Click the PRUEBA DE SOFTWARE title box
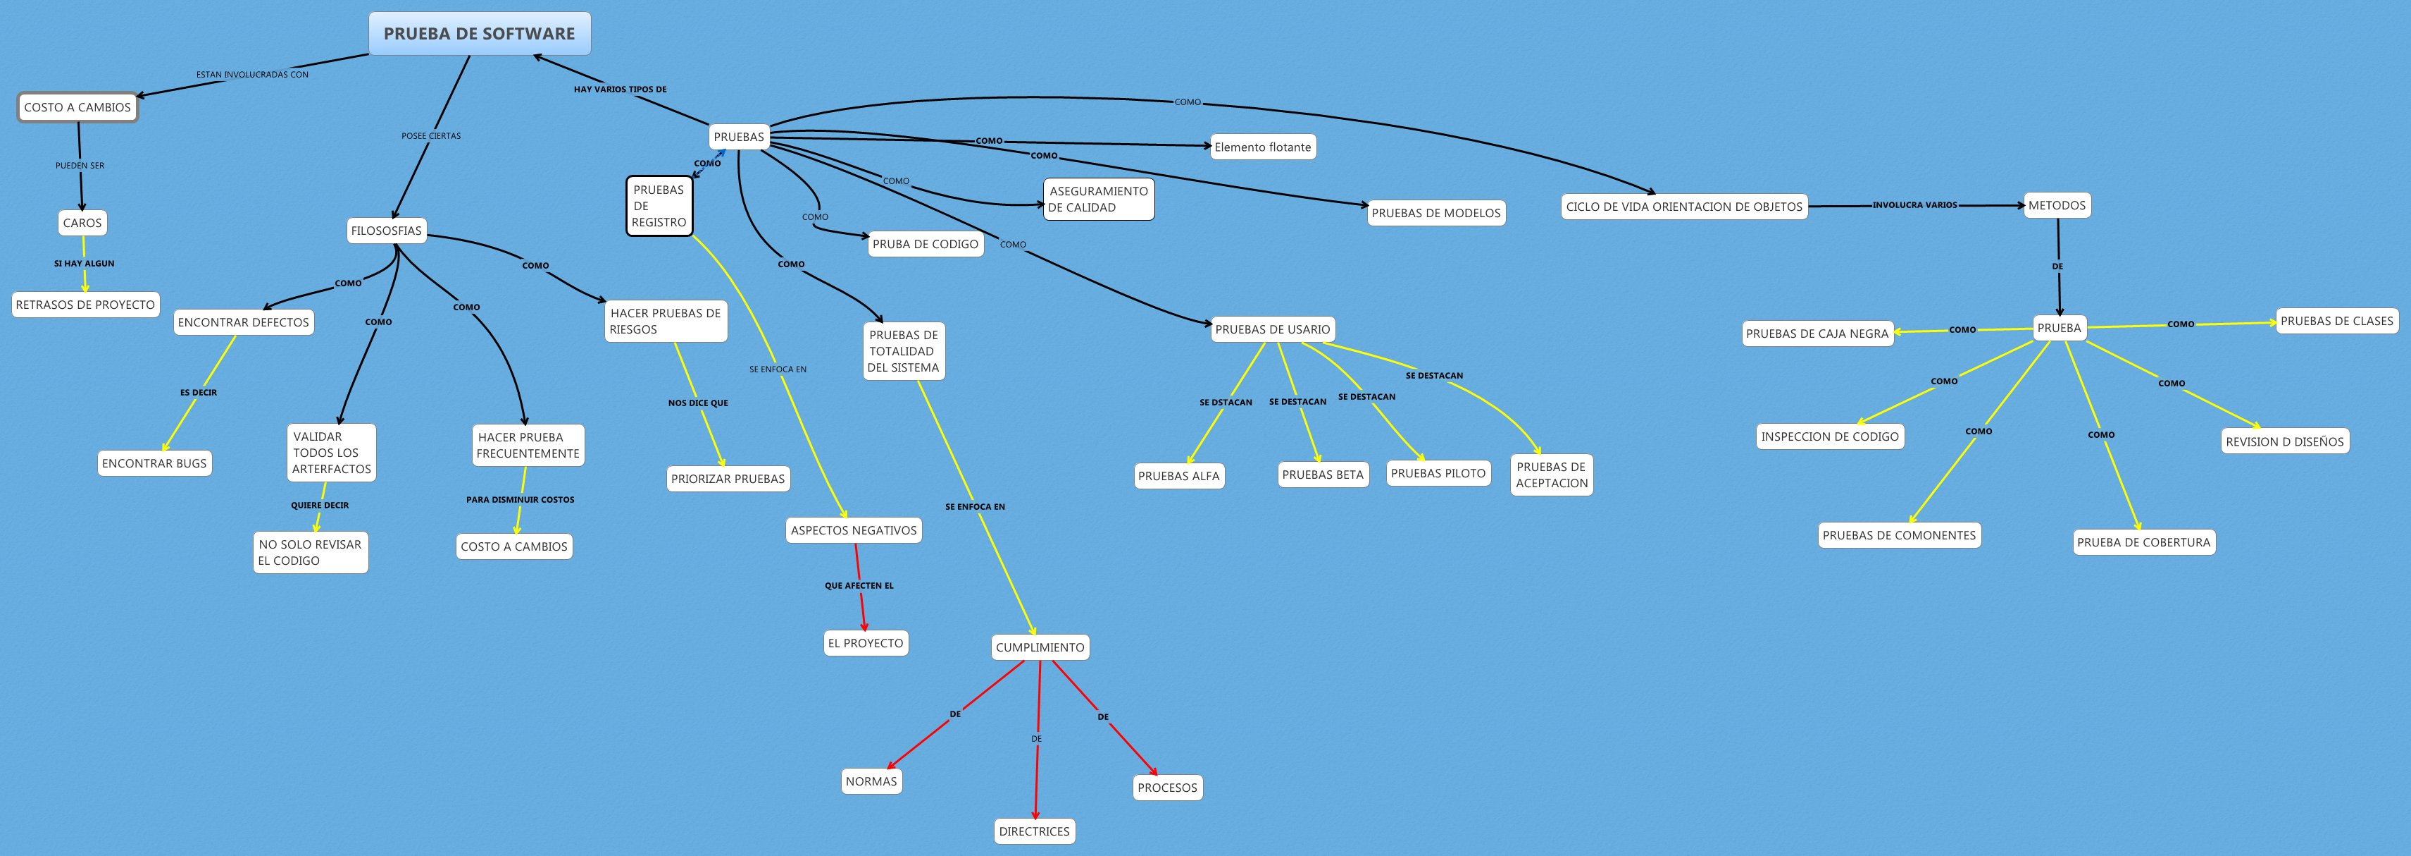479,34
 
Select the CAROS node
82,223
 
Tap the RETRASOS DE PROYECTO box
85,305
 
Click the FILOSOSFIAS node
387,231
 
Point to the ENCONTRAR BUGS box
154,463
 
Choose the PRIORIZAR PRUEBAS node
727,479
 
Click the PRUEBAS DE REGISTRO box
659,206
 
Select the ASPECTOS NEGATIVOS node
854,530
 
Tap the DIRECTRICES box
1034,831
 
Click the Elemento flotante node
1263,147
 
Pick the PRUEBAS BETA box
1323,475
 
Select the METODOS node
2056,205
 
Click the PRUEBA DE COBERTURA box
2143,542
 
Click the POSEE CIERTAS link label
430,136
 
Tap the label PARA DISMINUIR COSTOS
521,500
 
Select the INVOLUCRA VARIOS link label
1914,205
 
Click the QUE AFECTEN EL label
859,586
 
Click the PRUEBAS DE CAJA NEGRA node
1817,334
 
